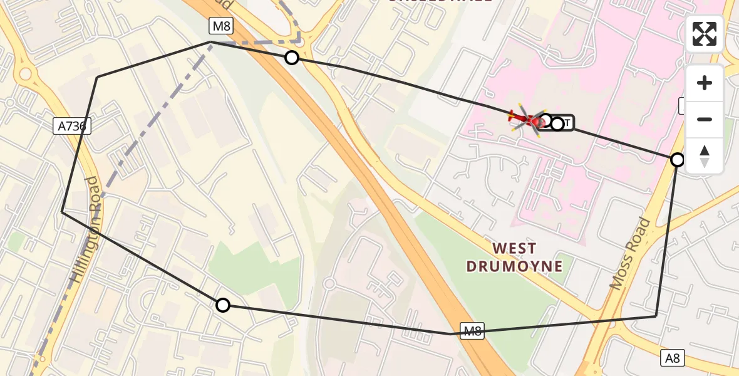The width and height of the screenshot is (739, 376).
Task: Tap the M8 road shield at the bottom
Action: [473, 330]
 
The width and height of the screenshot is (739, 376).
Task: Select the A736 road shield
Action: [73, 126]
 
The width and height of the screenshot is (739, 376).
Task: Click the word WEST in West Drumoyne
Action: [515, 248]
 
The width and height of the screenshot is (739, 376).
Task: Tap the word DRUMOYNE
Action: [514, 266]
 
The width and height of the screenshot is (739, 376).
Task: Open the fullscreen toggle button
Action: [705, 34]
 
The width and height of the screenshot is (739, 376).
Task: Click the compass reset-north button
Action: [705, 156]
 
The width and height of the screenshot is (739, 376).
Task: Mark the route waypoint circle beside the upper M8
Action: [292, 58]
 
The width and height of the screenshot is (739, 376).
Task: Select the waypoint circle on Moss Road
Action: [678, 160]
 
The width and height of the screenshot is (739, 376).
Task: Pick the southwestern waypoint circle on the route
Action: [223, 305]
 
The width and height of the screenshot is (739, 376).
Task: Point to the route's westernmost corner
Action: [62, 212]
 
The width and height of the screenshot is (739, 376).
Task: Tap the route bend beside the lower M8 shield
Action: [451, 334]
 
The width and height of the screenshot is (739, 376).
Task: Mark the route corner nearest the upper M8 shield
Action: [211, 42]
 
